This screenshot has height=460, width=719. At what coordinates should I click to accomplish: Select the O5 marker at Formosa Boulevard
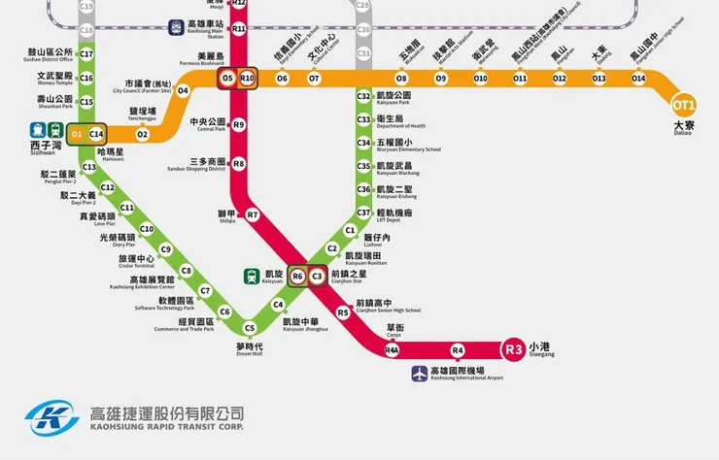pos(227,78)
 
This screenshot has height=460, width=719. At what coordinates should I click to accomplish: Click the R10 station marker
pos(247,78)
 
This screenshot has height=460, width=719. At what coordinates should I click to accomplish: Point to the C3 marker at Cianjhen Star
pos(317,277)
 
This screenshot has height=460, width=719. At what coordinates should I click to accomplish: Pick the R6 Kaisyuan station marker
pos(297,277)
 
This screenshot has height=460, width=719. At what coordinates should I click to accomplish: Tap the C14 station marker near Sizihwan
pos(96,132)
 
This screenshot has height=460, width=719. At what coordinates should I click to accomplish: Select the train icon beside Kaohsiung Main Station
pos(176,27)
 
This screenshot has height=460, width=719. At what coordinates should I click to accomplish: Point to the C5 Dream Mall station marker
pos(249,328)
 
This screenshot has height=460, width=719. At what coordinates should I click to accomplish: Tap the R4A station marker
pos(393,349)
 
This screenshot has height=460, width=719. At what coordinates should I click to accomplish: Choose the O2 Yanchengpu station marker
pos(142,134)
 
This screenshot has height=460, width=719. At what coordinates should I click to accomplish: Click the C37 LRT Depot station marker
pos(363,213)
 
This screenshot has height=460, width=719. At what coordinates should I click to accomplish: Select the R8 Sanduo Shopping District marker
pos(239,164)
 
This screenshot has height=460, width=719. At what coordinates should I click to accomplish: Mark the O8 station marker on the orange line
pos(401,78)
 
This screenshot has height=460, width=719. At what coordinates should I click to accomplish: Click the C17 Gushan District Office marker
pos(86,54)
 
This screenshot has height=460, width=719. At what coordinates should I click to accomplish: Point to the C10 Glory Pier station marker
pos(147,229)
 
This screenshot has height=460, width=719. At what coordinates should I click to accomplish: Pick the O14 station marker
pos(638,78)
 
